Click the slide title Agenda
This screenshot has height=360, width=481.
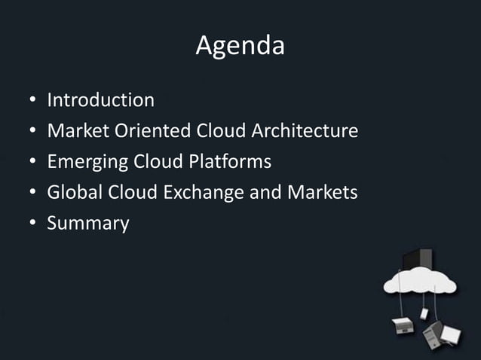tap(240, 47)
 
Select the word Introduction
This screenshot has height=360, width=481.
tap(100, 100)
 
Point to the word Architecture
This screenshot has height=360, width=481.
tap(304, 131)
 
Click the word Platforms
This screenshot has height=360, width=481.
tap(233, 162)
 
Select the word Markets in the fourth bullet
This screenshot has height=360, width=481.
tap(322, 193)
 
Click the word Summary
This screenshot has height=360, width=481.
tap(87, 224)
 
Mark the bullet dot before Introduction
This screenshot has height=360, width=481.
tap(33, 101)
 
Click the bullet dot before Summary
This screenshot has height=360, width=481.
tap(33, 224)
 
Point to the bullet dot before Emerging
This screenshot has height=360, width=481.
tap(33, 163)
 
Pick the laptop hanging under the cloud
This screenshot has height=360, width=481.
tap(402, 326)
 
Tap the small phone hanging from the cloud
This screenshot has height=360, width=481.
tap(424, 313)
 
